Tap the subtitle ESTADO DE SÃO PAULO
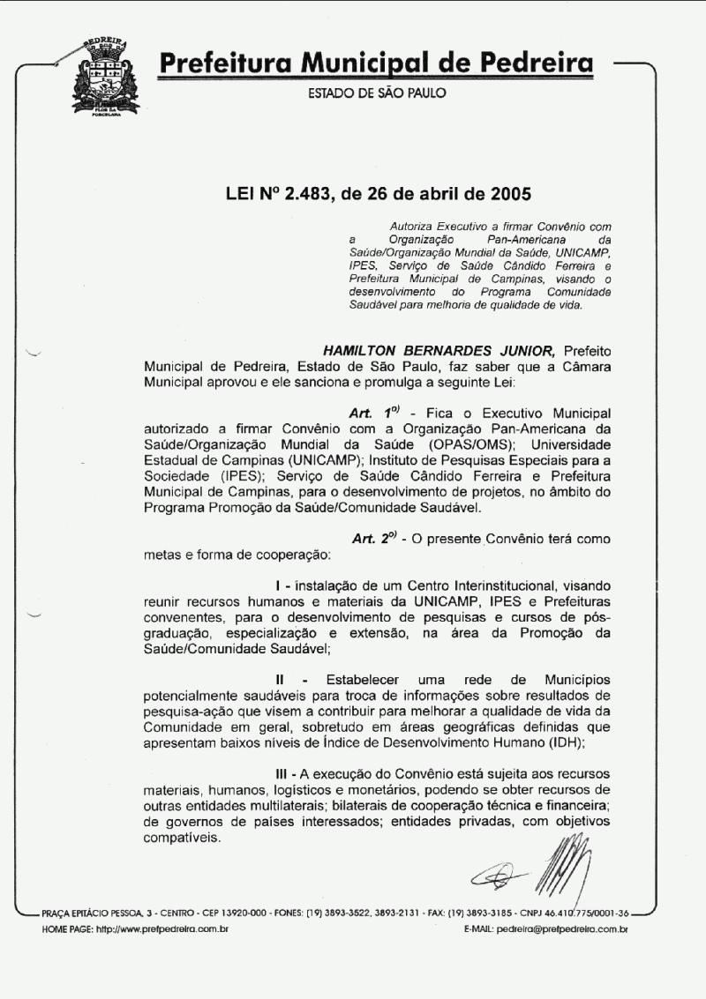(376, 93)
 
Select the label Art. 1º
(376, 413)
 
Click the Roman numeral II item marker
(280, 680)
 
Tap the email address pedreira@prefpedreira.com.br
(562, 929)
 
